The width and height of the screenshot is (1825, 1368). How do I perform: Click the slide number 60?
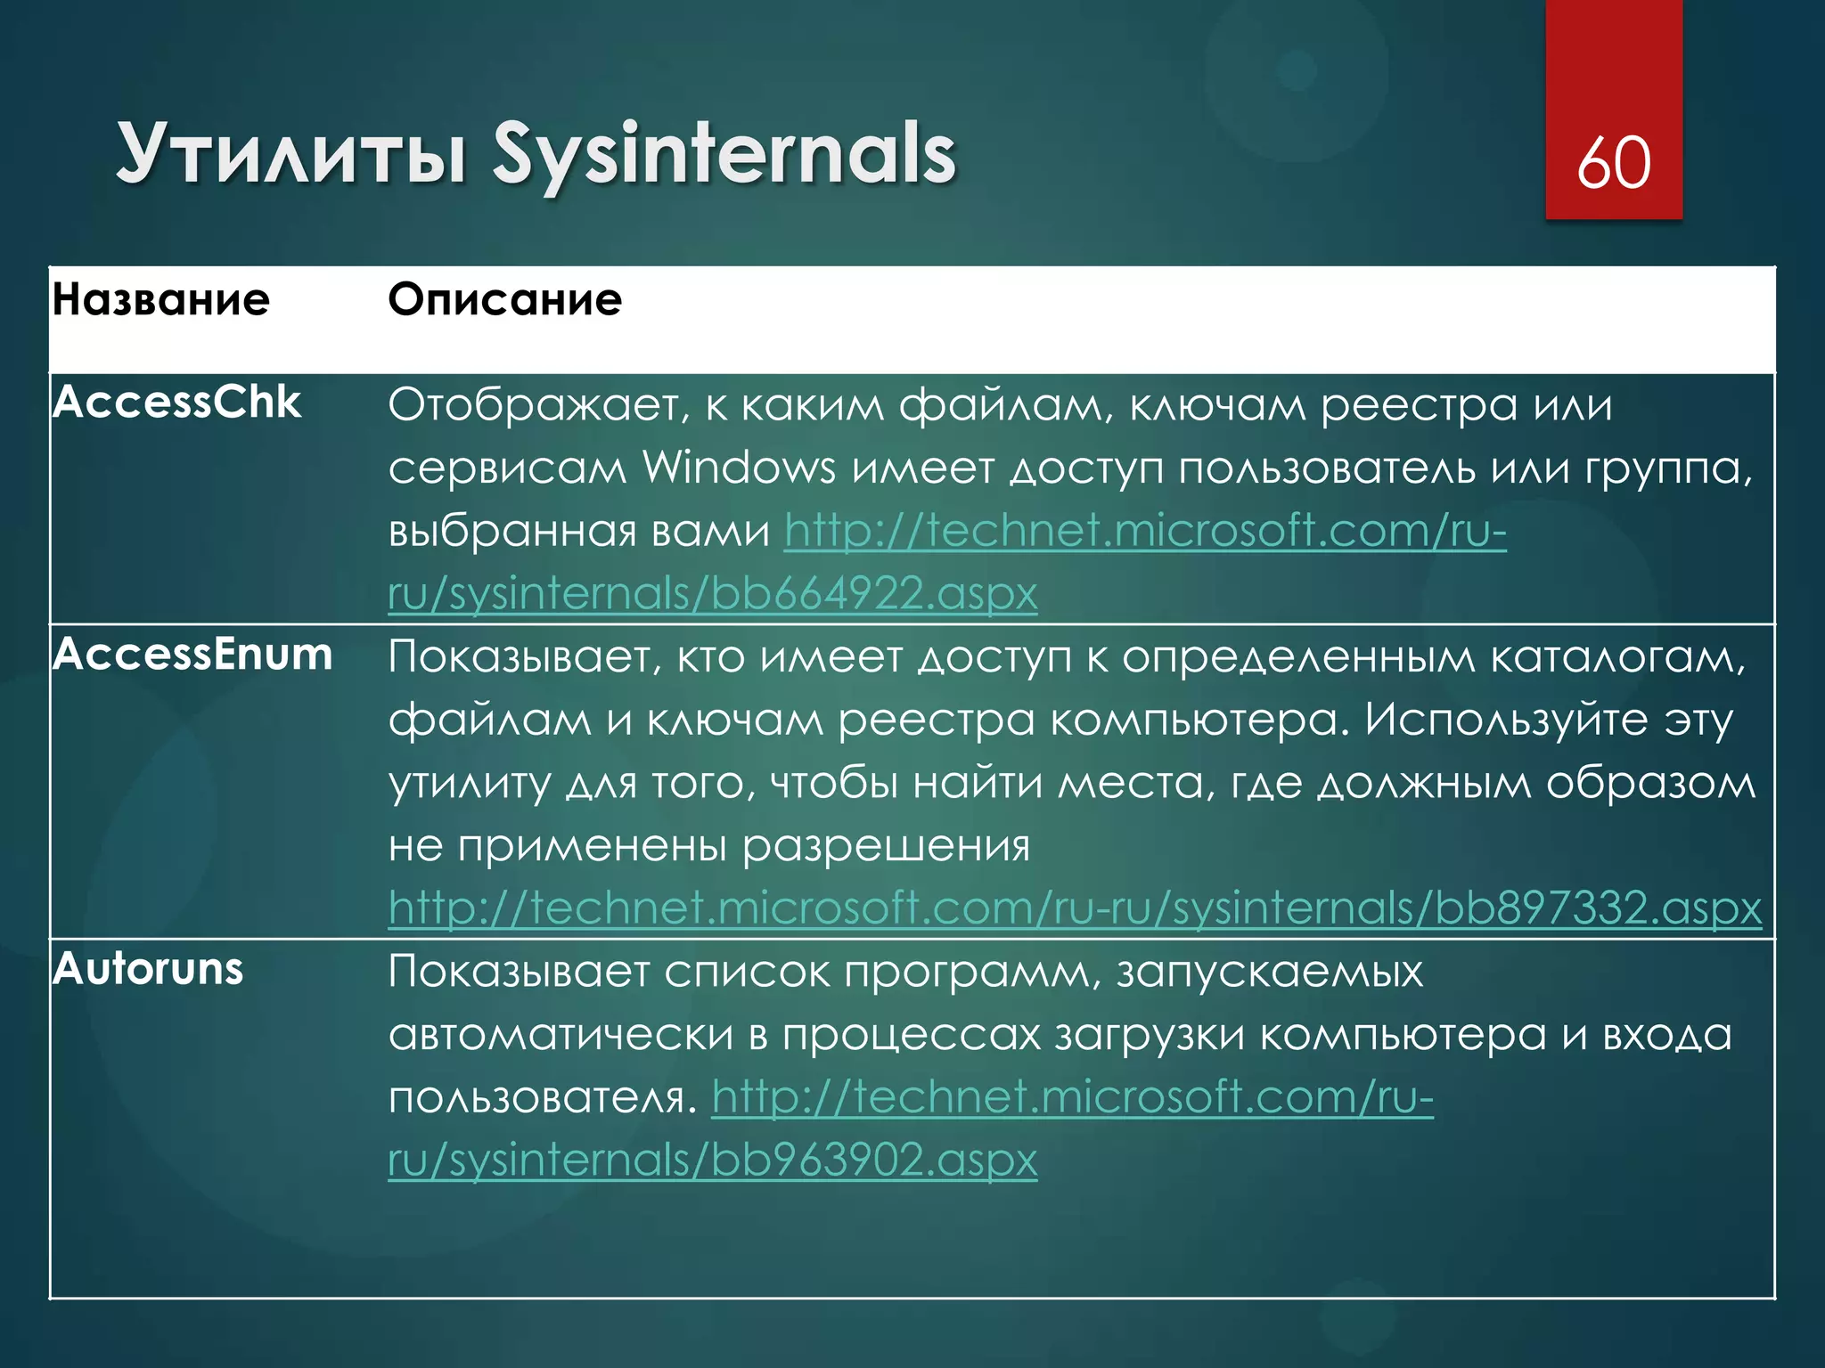tap(1614, 163)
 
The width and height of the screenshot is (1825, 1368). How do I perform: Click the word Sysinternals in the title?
tap(724, 155)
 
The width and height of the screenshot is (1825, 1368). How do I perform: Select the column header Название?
tap(161, 299)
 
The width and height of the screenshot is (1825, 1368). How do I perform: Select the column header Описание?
tap(504, 299)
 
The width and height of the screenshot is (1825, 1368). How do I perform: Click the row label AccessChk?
tap(176, 403)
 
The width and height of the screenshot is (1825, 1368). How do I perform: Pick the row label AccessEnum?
tap(192, 655)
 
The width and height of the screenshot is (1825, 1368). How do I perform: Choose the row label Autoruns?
tap(148, 969)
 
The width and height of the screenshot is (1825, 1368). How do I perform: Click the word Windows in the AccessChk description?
tap(740, 468)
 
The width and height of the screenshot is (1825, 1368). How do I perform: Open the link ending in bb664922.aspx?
tap(713, 593)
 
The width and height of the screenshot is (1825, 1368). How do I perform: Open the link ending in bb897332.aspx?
tap(1075, 908)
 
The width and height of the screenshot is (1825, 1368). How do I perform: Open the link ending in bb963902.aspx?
tap(713, 1160)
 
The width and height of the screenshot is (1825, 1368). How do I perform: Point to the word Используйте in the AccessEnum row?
tap(1506, 720)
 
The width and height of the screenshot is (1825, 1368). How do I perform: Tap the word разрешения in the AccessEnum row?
tap(886, 846)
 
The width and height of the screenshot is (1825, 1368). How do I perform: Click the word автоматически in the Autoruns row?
tap(561, 1035)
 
